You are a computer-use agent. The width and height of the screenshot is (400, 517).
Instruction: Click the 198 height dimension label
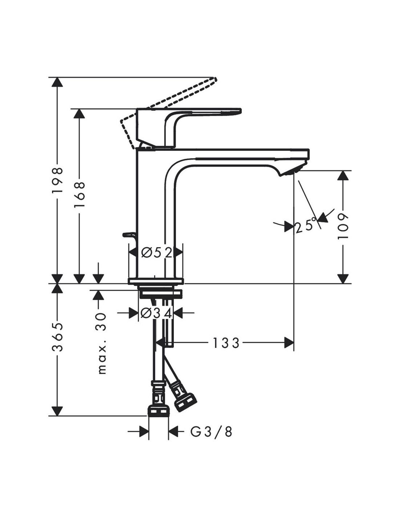point(57,181)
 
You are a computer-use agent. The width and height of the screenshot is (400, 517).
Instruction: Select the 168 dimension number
point(79,195)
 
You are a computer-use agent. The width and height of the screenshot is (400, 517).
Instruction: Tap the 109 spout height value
point(343,226)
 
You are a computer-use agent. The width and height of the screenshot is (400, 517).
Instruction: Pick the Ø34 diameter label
point(156,313)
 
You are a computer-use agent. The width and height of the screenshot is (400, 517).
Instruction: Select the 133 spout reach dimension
point(226,343)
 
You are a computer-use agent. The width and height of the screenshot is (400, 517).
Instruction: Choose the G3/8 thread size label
point(211,432)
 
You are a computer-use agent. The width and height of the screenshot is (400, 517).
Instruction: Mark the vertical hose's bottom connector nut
point(158,412)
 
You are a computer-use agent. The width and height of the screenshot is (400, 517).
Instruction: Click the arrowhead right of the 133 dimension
point(289,342)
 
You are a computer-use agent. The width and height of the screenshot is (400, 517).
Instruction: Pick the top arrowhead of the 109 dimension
point(343,176)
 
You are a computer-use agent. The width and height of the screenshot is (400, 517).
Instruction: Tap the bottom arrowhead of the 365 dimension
point(56,411)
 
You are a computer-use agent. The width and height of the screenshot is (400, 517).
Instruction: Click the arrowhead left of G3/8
point(144,432)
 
